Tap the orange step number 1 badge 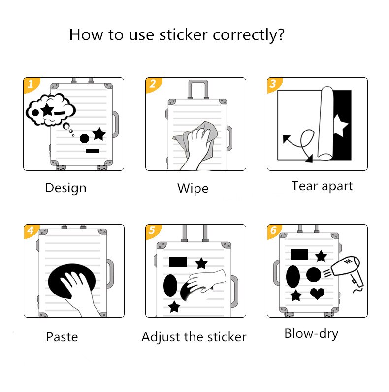pos(31,84)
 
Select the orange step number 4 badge pos(31,231)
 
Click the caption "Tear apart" pos(322,186)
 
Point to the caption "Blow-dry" pos(311,333)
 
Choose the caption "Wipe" pos(193,188)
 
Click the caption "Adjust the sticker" pos(194,337)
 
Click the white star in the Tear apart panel pos(340,125)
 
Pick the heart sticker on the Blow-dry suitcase pos(318,294)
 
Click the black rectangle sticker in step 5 pos(178,261)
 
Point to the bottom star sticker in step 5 pos(174,307)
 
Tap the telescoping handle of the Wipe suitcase pos(197,89)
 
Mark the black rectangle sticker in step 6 pos(299,254)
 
